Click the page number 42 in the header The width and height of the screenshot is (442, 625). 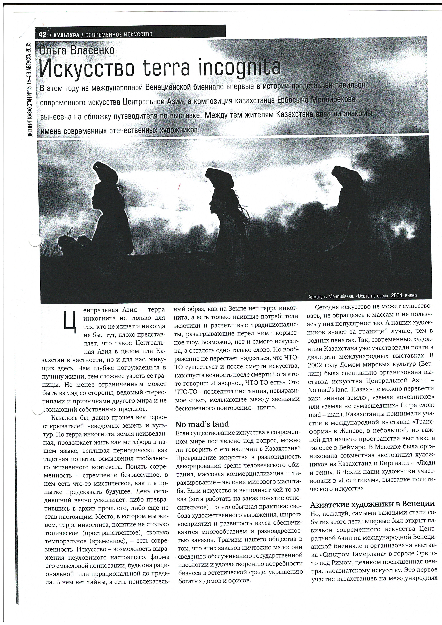(43, 35)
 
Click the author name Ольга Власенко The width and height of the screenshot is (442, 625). (77, 50)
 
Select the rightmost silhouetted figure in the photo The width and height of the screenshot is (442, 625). (343, 196)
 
